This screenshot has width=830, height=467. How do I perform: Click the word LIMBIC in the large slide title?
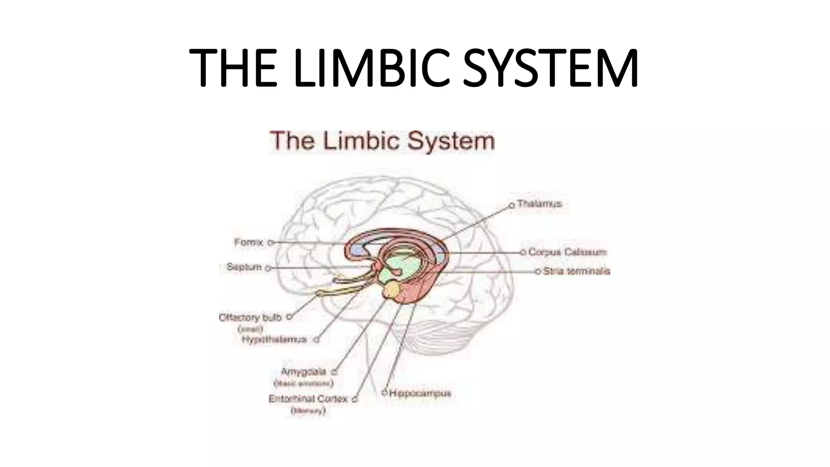pos(372,68)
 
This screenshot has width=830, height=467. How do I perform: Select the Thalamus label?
pos(539,204)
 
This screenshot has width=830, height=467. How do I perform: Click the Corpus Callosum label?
pos(567,252)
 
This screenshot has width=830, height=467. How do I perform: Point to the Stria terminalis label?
pos(576,271)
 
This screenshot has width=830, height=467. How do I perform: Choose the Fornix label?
pos(248,242)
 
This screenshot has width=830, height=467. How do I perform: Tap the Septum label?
pos(244,267)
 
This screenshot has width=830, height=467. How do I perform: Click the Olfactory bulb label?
pos(250,317)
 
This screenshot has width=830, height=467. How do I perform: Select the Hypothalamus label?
pos(274,339)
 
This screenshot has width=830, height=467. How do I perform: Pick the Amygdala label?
pos(304,372)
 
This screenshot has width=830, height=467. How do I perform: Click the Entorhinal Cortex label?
pos(308,399)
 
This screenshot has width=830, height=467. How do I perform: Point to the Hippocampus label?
pos(420,393)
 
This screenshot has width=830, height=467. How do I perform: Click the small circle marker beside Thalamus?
pos(511,206)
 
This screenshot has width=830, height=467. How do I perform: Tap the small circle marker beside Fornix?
pos(271,243)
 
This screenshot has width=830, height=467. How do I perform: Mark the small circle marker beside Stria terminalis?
pos(538,272)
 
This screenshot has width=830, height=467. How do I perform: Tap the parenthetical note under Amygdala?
pos(304,383)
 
